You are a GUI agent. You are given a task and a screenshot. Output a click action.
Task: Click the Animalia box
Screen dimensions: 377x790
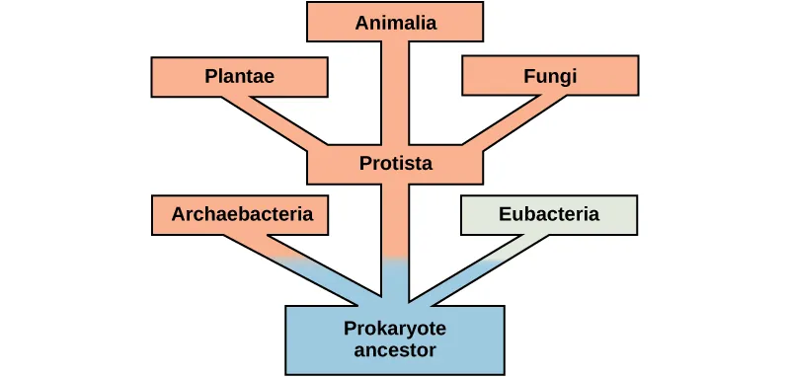(395, 22)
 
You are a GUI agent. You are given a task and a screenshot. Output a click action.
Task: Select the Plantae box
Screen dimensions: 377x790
(238, 76)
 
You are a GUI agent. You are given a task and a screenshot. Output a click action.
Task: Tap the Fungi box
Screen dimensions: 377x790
(550, 76)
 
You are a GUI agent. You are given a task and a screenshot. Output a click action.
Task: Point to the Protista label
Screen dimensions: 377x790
(395, 164)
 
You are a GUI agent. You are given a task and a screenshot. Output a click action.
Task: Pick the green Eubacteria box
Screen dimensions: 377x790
(549, 214)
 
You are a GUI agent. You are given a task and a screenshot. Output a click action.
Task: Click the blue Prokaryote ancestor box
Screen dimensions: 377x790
(395, 339)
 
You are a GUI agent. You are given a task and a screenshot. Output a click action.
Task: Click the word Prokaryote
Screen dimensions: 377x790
(395, 329)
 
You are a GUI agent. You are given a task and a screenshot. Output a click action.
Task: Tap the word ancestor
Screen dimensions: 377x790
(395, 349)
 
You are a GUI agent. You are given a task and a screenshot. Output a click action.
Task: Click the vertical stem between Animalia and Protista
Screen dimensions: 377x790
(395, 94)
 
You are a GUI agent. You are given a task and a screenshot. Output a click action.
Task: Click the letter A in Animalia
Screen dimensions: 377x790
(361, 23)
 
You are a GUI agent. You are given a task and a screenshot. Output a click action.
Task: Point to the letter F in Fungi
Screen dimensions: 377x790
(528, 75)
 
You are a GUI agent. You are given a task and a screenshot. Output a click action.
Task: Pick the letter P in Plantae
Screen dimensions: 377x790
(210, 76)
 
